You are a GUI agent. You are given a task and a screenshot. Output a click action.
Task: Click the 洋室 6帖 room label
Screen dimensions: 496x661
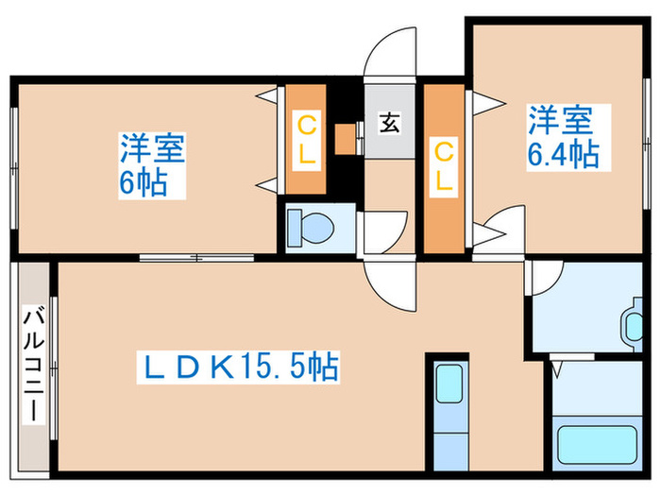[151, 164]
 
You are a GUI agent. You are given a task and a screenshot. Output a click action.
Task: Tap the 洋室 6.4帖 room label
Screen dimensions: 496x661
[564, 137]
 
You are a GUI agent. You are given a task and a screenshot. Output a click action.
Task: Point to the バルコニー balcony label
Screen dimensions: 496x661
[32, 364]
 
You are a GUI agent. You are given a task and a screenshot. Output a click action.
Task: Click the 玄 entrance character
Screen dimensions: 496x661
[388, 124]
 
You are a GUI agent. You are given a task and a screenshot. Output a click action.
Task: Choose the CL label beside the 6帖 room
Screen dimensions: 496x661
[306, 141]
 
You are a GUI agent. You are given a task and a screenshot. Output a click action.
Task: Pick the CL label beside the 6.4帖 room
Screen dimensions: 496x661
[442, 166]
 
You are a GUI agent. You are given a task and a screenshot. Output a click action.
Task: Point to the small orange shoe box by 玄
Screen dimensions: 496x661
[345, 138]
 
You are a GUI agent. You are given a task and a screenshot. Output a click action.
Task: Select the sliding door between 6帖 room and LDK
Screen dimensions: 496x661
[195, 255]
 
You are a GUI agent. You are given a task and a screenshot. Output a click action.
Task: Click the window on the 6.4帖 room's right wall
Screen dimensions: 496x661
[647, 142]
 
